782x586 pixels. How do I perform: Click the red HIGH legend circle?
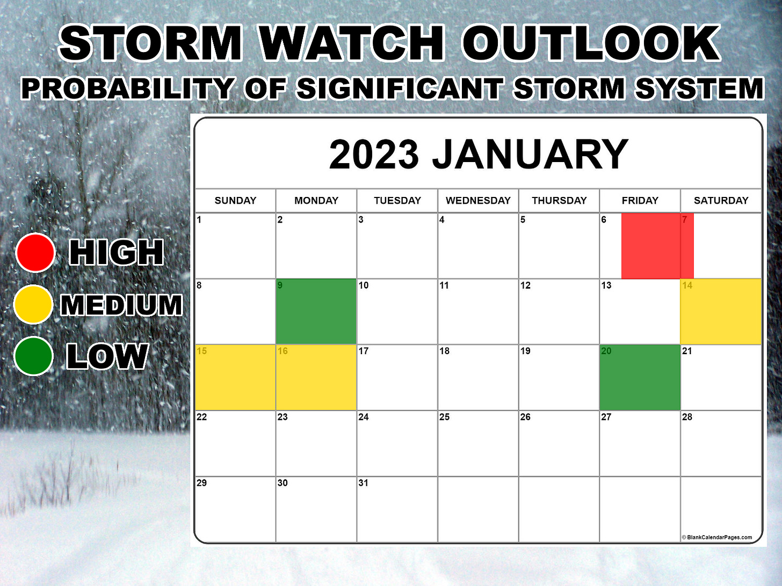coord(35,252)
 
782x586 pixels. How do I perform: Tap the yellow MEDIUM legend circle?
coord(33,304)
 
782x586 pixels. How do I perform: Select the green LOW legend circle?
coord(33,356)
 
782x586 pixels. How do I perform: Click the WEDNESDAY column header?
coord(478,201)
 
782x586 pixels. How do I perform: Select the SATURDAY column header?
coord(721,201)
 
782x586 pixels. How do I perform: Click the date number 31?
coord(364,483)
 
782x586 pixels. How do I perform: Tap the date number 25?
coord(445,417)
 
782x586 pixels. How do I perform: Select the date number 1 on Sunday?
coord(199,219)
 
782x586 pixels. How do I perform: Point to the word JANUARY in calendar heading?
coord(530,155)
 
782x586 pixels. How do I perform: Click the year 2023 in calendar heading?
coord(374,155)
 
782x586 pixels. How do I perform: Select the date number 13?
coord(606,285)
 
